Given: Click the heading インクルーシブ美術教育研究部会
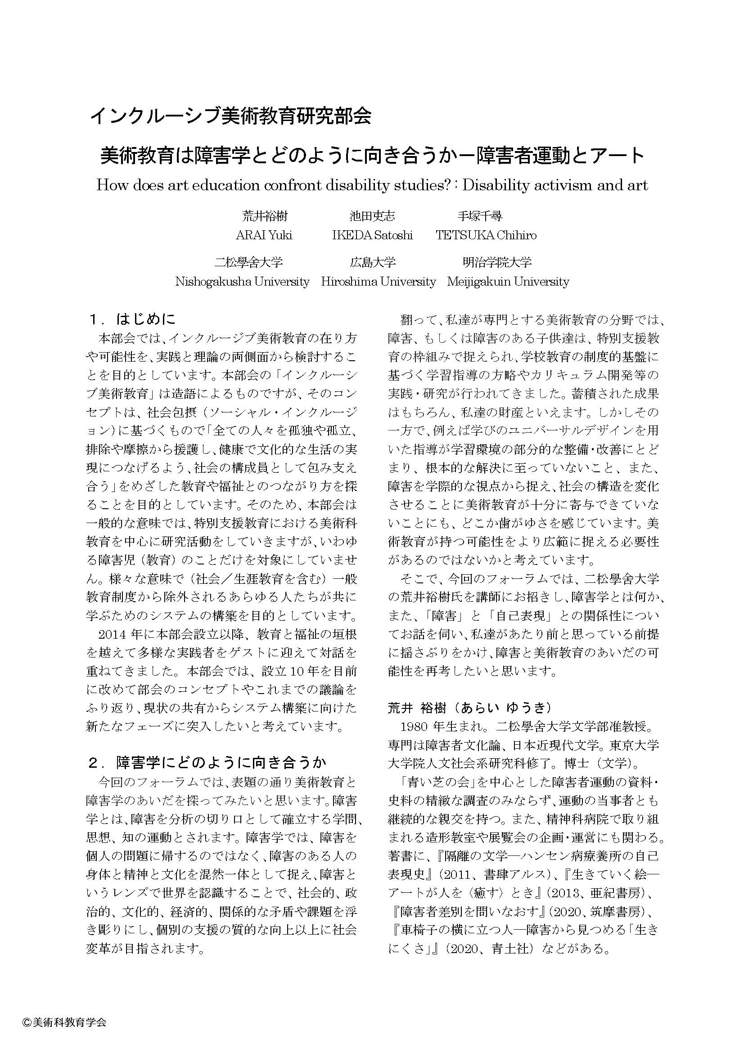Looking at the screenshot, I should point(230,116).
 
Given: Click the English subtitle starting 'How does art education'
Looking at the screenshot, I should point(372,186).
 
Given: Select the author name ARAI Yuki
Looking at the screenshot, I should point(264,235).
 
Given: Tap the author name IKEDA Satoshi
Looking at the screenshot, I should point(372,235).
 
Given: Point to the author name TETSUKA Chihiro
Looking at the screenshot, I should point(486,235).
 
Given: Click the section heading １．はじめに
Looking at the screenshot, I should point(132,319).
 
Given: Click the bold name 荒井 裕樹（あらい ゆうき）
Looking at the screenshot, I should point(469,708).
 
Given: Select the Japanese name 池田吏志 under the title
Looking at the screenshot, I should point(372,216).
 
